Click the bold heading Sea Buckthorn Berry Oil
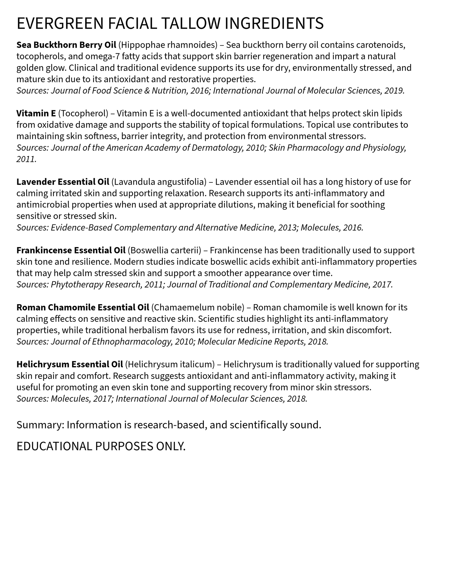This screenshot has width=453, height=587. (66, 45)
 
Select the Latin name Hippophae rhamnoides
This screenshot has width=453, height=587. (168, 45)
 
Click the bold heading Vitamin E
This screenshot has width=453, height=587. (36, 113)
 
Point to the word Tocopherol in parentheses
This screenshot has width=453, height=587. (83, 113)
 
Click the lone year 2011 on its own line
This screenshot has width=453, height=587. (26, 159)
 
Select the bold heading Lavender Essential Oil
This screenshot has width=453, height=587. (63, 182)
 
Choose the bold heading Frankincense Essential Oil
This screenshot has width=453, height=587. (71, 250)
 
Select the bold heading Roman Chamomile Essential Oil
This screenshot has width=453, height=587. (83, 307)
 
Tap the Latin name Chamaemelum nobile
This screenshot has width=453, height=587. (198, 307)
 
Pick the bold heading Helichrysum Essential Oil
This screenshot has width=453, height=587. (70, 364)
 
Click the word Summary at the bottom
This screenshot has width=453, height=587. (40, 425)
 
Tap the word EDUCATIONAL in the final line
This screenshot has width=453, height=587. (54, 446)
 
